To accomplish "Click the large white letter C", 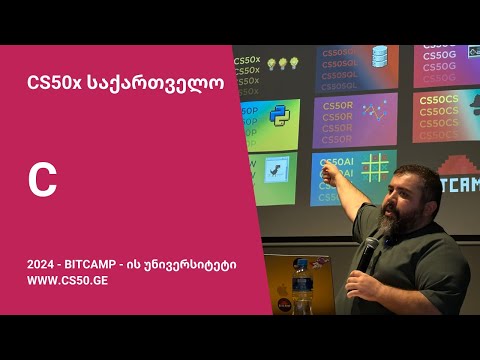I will point(42,181).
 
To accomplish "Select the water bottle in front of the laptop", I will point(304,290).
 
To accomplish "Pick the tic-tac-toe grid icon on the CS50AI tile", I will point(376,166).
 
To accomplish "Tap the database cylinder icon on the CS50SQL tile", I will point(380,57).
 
